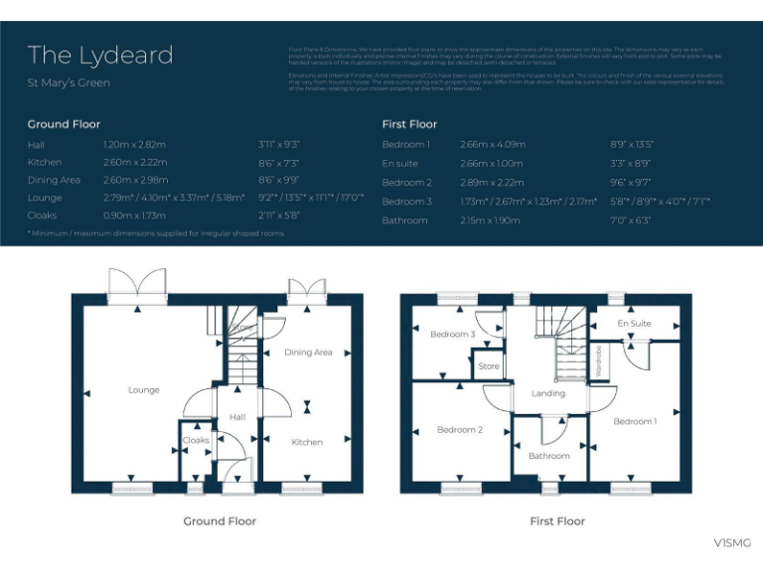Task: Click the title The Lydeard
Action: point(100,55)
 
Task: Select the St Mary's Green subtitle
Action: point(69,83)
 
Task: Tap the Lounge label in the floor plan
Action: point(144,390)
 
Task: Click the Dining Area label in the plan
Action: point(308,353)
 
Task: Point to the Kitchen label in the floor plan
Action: point(307,442)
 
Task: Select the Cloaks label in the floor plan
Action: point(196,440)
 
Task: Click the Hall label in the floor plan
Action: point(237,418)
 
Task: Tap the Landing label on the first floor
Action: point(547,393)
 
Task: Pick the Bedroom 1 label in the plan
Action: point(634,421)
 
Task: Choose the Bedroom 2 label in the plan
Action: point(459,430)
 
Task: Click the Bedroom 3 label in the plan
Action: point(452,335)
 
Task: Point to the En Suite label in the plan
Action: point(634,324)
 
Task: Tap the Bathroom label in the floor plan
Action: point(548,456)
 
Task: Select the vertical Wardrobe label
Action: point(599,358)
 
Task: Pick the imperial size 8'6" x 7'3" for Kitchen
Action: point(278,162)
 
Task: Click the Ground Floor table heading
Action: point(64,124)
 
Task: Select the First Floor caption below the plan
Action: point(557,521)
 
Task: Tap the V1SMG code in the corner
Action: point(732,542)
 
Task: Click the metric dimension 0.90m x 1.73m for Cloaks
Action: point(133,215)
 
